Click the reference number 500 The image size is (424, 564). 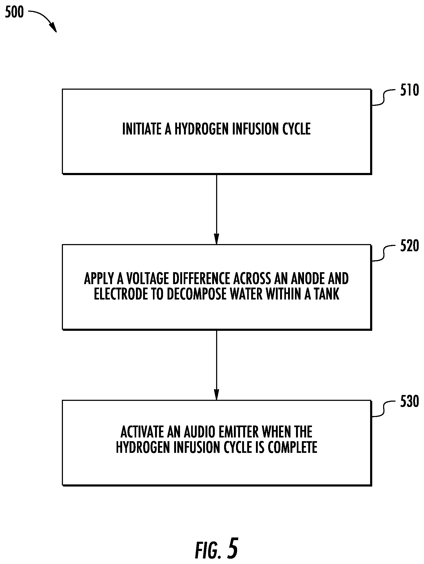click(14, 12)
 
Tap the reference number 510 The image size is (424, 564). click(409, 90)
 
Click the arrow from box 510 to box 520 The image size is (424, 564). click(216, 209)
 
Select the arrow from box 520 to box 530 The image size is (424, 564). click(216, 365)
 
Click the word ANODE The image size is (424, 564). click(307, 279)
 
